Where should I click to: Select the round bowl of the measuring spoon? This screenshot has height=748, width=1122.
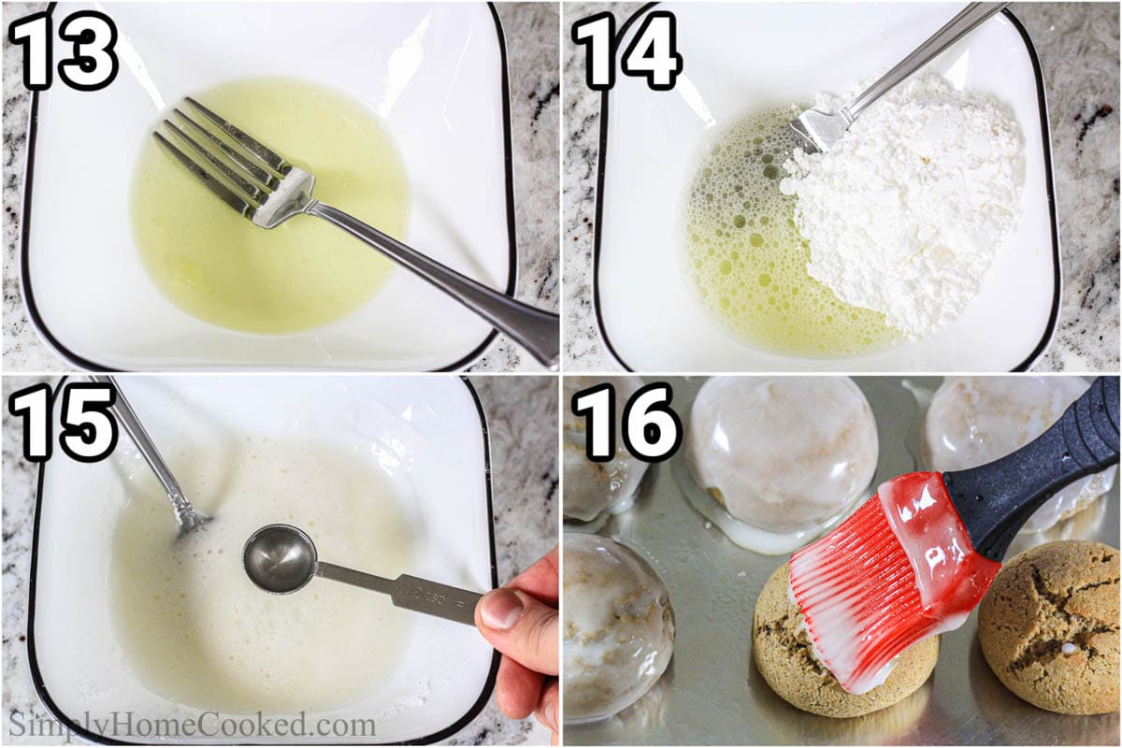click(279, 559)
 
